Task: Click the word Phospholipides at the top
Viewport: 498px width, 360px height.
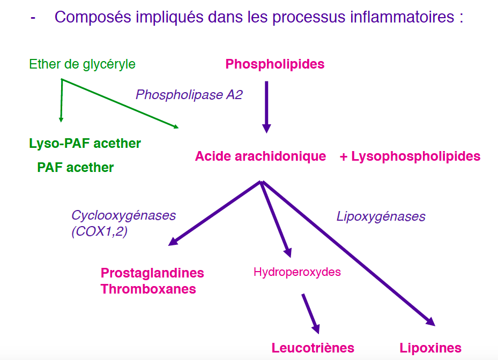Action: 275,64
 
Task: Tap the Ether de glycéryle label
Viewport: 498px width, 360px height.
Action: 82,64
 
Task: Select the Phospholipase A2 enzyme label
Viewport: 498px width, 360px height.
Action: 189,95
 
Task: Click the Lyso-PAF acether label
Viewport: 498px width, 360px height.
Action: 85,144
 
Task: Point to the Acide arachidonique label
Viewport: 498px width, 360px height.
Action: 261,156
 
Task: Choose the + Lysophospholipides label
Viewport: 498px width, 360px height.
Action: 410,156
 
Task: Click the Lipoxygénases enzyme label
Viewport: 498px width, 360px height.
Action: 381,216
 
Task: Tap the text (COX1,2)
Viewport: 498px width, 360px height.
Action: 99,232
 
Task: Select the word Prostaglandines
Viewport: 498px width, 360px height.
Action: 152,273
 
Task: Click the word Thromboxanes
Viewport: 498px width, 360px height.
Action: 148,289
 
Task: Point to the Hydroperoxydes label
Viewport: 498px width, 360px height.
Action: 297,272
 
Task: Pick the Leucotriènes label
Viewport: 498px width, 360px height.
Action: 313,348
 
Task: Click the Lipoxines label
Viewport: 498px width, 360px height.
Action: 430,348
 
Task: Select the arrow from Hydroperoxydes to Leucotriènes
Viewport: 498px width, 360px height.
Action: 310,313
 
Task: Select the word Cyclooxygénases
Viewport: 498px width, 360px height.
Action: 123,215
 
